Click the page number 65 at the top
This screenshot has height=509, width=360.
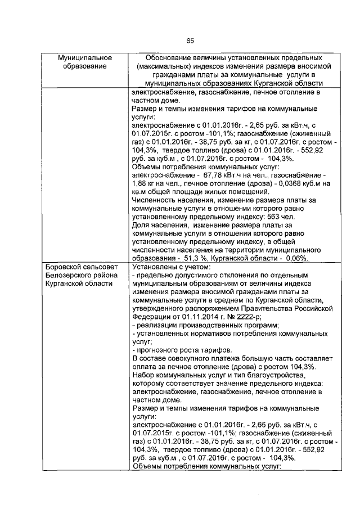pyautogui.click(x=190, y=40)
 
